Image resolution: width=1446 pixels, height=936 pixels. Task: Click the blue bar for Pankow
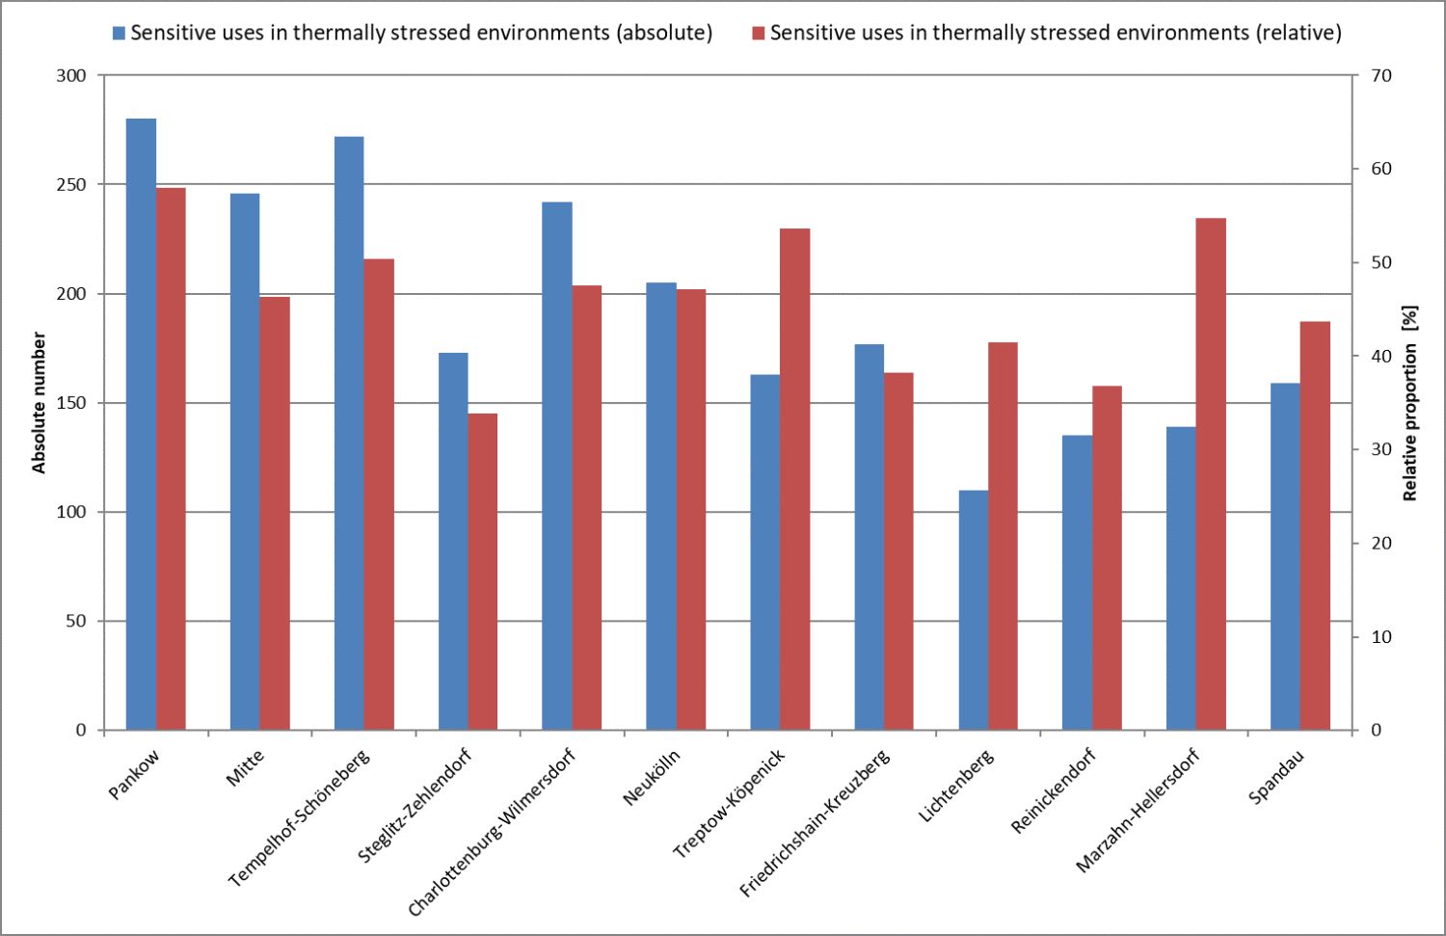(x=141, y=424)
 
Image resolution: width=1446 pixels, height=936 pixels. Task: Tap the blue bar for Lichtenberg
(x=973, y=610)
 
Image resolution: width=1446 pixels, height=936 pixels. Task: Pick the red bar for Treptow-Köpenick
(x=794, y=479)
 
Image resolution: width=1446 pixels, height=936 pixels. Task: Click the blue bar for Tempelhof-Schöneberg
(x=349, y=433)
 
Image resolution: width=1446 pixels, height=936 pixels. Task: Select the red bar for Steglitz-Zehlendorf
(x=483, y=572)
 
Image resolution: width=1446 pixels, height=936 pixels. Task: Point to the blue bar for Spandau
(x=1285, y=556)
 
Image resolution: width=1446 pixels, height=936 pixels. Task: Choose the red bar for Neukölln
(x=691, y=509)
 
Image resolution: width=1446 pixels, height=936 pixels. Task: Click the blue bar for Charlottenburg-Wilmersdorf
(x=557, y=466)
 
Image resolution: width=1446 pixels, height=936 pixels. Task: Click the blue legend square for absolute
(x=119, y=33)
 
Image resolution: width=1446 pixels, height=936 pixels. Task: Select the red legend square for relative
(x=758, y=33)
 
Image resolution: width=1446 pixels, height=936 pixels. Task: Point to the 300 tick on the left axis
(x=71, y=75)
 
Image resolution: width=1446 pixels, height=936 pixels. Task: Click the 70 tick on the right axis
(x=1381, y=75)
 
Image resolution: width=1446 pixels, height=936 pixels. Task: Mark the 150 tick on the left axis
(x=71, y=403)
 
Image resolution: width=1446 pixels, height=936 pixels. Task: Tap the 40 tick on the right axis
(x=1381, y=356)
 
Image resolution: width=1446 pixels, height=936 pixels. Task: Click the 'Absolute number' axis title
(x=39, y=403)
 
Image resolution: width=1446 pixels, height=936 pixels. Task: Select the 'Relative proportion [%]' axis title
(x=1409, y=403)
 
